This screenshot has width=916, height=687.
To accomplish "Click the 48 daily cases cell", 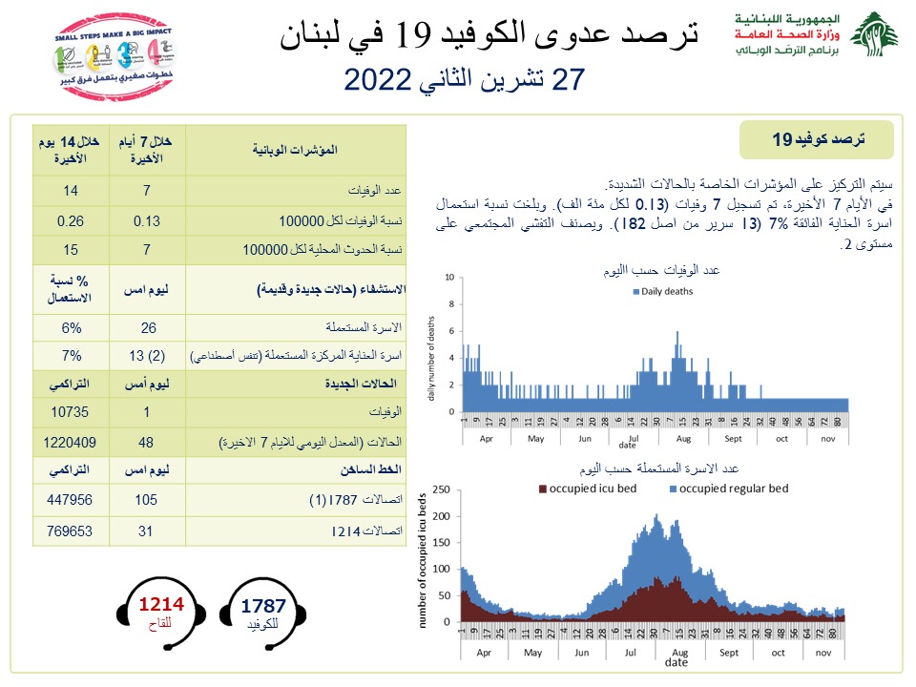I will (x=147, y=444).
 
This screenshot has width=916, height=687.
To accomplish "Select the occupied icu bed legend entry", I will (x=590, y=489).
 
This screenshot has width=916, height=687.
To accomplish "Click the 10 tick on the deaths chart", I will (x=450, y=277).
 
